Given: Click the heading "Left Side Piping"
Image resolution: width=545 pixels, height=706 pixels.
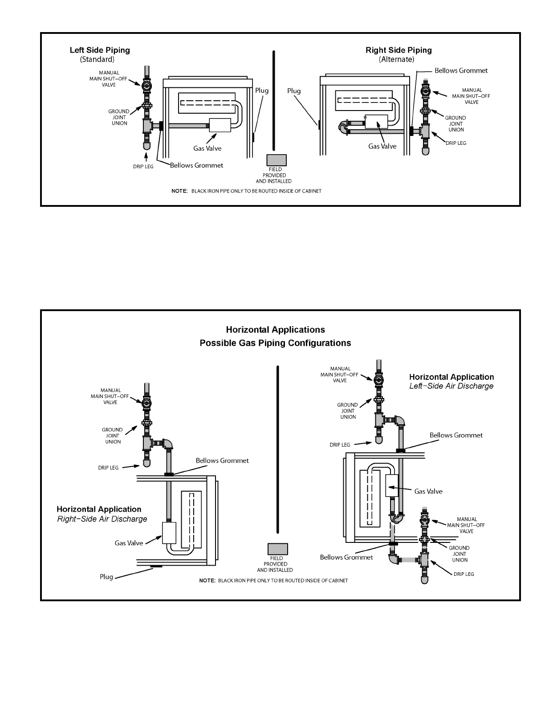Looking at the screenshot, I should pyautogui.click(x=100, y=50).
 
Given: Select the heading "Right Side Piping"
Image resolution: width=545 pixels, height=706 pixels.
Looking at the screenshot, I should pyautogui.click(x=399, y=50).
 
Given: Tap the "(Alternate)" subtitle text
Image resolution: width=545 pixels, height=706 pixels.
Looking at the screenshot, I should pyautogui.click(x=396, y=59).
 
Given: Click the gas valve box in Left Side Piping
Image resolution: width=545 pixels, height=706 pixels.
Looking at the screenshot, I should pyautogui.click(x=220, y=125).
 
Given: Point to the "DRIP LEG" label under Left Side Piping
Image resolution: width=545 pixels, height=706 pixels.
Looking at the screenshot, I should pyautogui.click(x=143, y=167).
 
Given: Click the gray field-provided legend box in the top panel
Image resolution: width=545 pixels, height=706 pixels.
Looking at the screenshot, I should pyautogui.click(x=276, y=160).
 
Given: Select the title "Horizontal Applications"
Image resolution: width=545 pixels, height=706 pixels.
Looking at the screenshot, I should pyautogui.click(x=275, y=330).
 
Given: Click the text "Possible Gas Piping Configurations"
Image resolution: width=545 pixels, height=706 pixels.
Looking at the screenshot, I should pyautogui.click(x=275, y=343).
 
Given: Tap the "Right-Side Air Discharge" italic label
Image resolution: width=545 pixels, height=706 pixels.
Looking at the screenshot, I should pyautogui.click(x=102, y=519).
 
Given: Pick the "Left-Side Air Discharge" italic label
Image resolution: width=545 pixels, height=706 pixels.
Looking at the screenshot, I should pyautogui.click(x=451, y=386).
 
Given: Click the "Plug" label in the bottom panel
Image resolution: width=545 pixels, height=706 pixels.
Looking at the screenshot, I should pyautogui.click(x=106, y=577).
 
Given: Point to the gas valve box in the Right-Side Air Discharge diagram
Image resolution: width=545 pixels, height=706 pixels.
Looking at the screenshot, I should pyautogui.click(x=169, y=533).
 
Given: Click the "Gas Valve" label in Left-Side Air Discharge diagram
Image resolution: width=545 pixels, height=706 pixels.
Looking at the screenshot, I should pyautogui.click(x=428, y=491).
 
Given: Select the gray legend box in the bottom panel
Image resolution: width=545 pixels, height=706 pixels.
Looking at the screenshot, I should pyautogui.click(x=277, y=549).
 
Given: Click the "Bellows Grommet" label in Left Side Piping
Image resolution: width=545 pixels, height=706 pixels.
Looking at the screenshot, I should pyautogui.click(x=196, y=165).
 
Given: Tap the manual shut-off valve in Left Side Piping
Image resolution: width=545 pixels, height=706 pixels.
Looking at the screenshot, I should pyautogui.click(x=146, y=85).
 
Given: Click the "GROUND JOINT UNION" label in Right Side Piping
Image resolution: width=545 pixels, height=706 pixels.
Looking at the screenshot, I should pyautogui.click(x=456, y=124).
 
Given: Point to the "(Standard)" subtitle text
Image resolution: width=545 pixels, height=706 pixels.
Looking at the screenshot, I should pyautogui.click(x=97, y=59).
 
